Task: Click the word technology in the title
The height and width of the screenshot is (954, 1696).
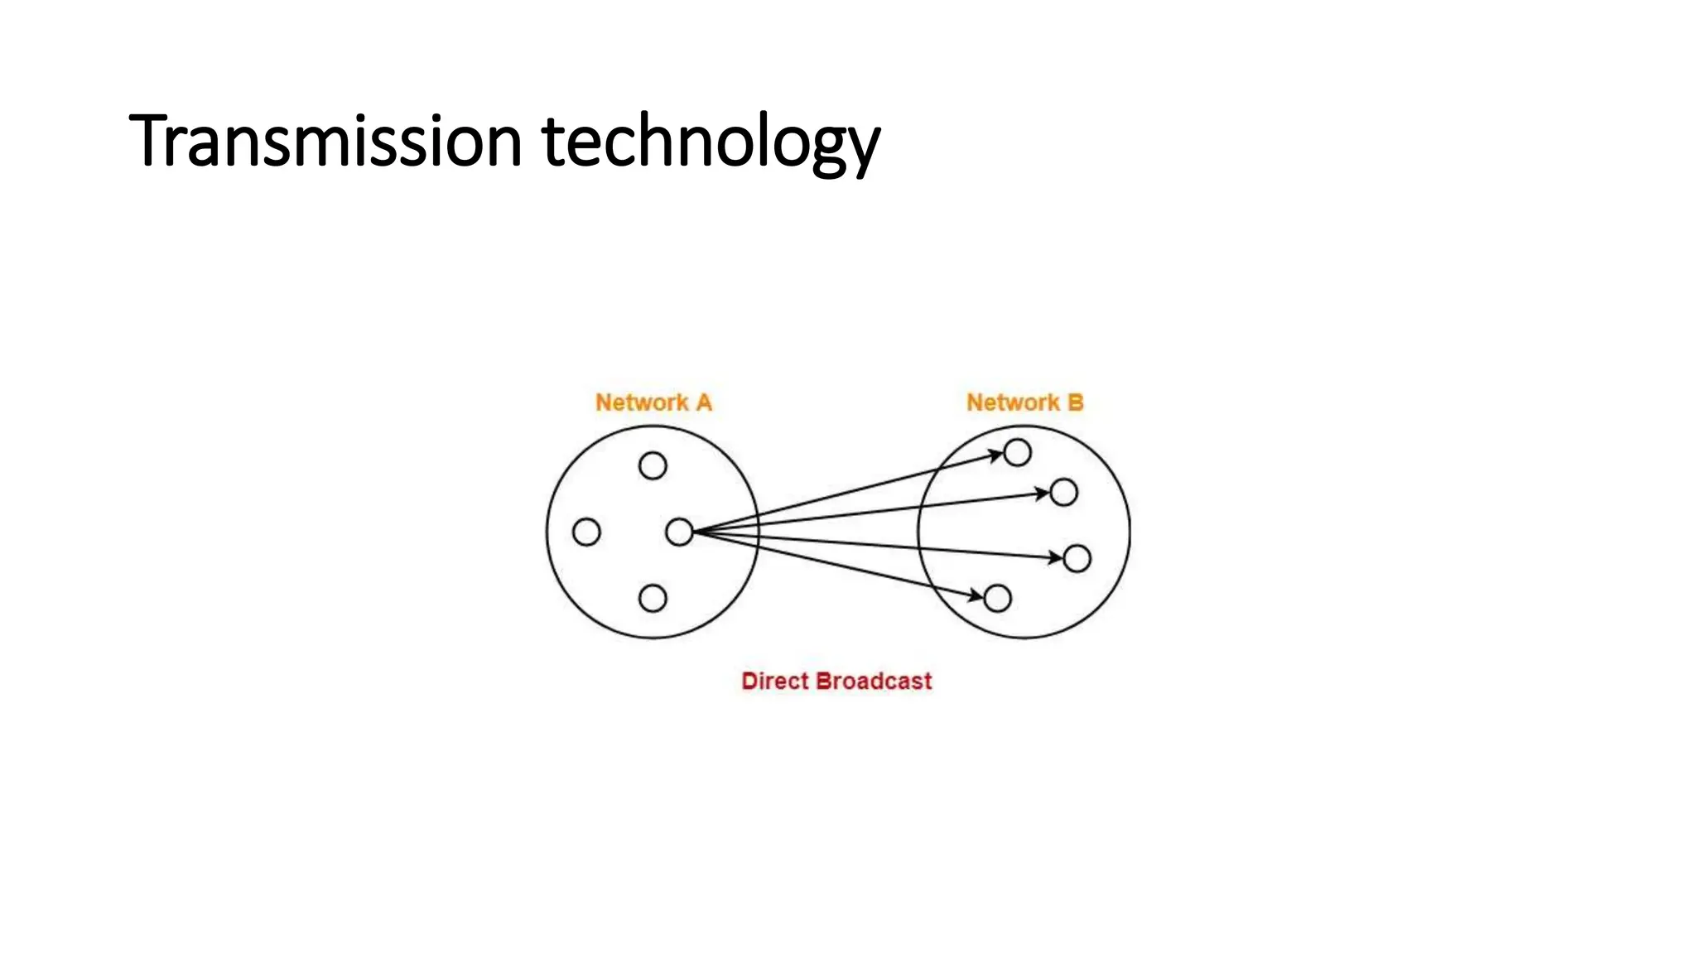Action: tap(711, 142)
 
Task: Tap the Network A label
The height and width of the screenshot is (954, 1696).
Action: tap(653, 402)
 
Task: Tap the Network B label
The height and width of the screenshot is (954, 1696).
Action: tap(1024, 402)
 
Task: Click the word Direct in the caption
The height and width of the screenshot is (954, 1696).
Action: tap(774, 681)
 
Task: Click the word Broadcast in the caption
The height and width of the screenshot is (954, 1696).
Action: tap(874, 681)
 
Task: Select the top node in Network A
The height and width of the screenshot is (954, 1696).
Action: tap(653, 465)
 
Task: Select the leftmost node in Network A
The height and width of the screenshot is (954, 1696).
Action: tap(586, 532)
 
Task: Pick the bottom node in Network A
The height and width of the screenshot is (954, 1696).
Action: tap(653, 598)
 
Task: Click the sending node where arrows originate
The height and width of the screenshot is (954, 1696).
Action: tap(679, 532)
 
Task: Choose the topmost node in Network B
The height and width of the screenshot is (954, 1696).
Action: tap(1017, 452)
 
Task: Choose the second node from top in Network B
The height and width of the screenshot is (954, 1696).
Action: tap(1063, 493)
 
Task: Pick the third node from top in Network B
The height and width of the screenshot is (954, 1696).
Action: tap(1077, 558)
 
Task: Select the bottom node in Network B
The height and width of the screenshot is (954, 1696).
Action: tap(997, 598)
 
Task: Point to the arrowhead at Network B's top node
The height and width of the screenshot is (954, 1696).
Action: tap(996, 455)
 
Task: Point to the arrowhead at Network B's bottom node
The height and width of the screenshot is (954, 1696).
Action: tap(976, 595)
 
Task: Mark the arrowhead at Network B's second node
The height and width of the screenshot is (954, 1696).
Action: tap(1043, 494)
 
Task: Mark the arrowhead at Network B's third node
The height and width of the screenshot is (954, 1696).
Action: tap(1056, 557)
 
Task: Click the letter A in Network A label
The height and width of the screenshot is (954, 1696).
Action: tap(703, 402)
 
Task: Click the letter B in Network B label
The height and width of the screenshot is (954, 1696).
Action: tap(1075, 402)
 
